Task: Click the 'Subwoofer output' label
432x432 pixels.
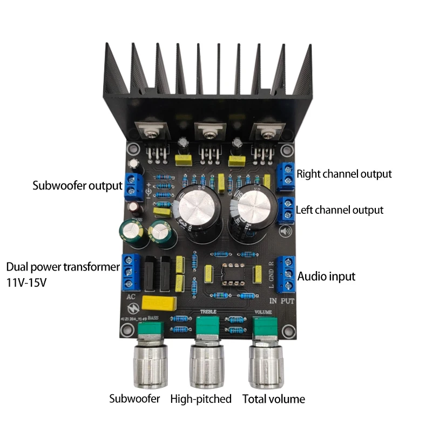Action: [x=77, y=186]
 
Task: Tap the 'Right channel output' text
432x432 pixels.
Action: [x=344, y=174]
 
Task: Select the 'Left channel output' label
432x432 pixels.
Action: [x=340, y=210]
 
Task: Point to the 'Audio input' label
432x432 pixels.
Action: [x=327, y=276]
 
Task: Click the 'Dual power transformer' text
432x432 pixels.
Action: [x=62, y=267]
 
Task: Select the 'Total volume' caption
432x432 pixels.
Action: [x=273, y=399]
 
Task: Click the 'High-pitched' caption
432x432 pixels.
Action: [x=201, y=399]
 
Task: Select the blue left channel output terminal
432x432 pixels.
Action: [x=286, y=210]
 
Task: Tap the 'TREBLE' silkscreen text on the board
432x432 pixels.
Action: [x=208, y=312]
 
